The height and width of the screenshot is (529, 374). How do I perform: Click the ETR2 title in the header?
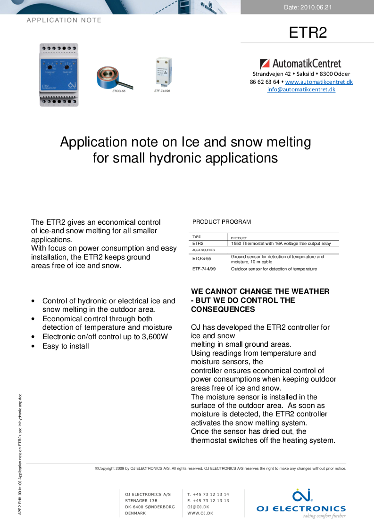pos(308,32)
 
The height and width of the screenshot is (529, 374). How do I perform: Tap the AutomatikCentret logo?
pos(300,64)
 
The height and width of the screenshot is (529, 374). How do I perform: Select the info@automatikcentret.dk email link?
pos(301,90)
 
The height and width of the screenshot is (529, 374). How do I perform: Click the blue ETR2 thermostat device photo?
pos(59,74)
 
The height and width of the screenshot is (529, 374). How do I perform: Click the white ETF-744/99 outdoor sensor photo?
pos(162,72)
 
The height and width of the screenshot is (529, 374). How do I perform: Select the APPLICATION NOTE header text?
pos(64,20)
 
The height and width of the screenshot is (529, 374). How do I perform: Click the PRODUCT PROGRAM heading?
pos(222,222)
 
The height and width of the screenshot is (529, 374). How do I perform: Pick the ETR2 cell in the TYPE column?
pos(198,244)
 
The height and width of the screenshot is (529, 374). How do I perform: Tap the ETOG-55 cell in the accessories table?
pos(201,259)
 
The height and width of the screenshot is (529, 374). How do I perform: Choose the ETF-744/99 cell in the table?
pos(204,269)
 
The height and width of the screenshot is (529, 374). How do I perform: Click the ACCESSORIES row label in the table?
pos(203,250)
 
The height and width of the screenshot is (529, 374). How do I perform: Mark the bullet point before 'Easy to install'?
pos(32,346)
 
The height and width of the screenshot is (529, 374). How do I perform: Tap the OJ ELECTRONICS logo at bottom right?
pos(301,503)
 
